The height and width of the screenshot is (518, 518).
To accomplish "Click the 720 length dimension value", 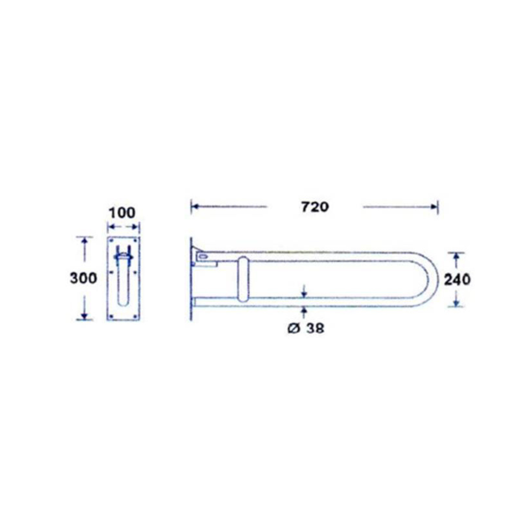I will click(x=315, y=207).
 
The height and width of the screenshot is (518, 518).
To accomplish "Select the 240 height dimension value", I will click(x=457, y=279).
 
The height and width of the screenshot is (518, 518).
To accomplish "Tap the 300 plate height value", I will click(x=83, y=278).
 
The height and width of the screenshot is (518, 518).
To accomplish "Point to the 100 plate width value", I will click(x=122, y=213).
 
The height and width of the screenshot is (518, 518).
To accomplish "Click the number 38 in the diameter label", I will click(x=315, y=328).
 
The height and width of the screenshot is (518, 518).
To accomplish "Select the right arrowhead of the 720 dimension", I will click(x=434, y=206).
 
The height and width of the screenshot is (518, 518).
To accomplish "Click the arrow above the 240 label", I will click(x=456, y=257).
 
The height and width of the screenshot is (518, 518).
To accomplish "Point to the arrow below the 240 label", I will click(x=456, y=302).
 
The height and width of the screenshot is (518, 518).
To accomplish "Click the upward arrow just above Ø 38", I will click(x=304, y=311).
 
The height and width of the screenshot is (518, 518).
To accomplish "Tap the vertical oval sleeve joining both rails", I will click(x=243, y=279).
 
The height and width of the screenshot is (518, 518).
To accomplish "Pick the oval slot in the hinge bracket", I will click(x=203, y=257).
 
